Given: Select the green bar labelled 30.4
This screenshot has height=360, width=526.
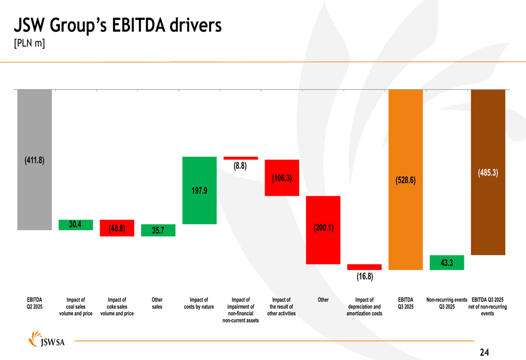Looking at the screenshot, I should pyautogui.click(x=76, y=225).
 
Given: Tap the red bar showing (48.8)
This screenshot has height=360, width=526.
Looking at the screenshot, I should pyautogui.click(x=117, y=228).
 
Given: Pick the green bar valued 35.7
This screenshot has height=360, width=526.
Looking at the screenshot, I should pyautogui.click(x=158, y=230).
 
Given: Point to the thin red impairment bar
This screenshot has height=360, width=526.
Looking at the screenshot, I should pyautogui.click(x=240, y=158).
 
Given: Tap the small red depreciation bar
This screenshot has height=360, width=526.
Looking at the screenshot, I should pyautogui.click(x=365, y=267).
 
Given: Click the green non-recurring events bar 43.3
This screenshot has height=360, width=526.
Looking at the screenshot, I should pyautogui.click(x=447, y=262).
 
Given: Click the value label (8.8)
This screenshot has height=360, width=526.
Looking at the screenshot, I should pyautogui.click(x=240, y=166).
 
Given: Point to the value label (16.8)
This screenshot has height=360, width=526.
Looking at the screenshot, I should pyautogui.click(x=365, y=276).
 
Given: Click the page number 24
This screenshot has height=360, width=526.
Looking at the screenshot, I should pyautogui.click(x=484, y=353).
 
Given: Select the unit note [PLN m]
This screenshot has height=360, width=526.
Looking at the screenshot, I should pyautogui.click(x=29, y=44).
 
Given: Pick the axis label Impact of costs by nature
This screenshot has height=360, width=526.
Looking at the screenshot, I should pyautogui.click(x=199, y=304).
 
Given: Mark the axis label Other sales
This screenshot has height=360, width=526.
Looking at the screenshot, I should pyautogui.click(x=157, y=304).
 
